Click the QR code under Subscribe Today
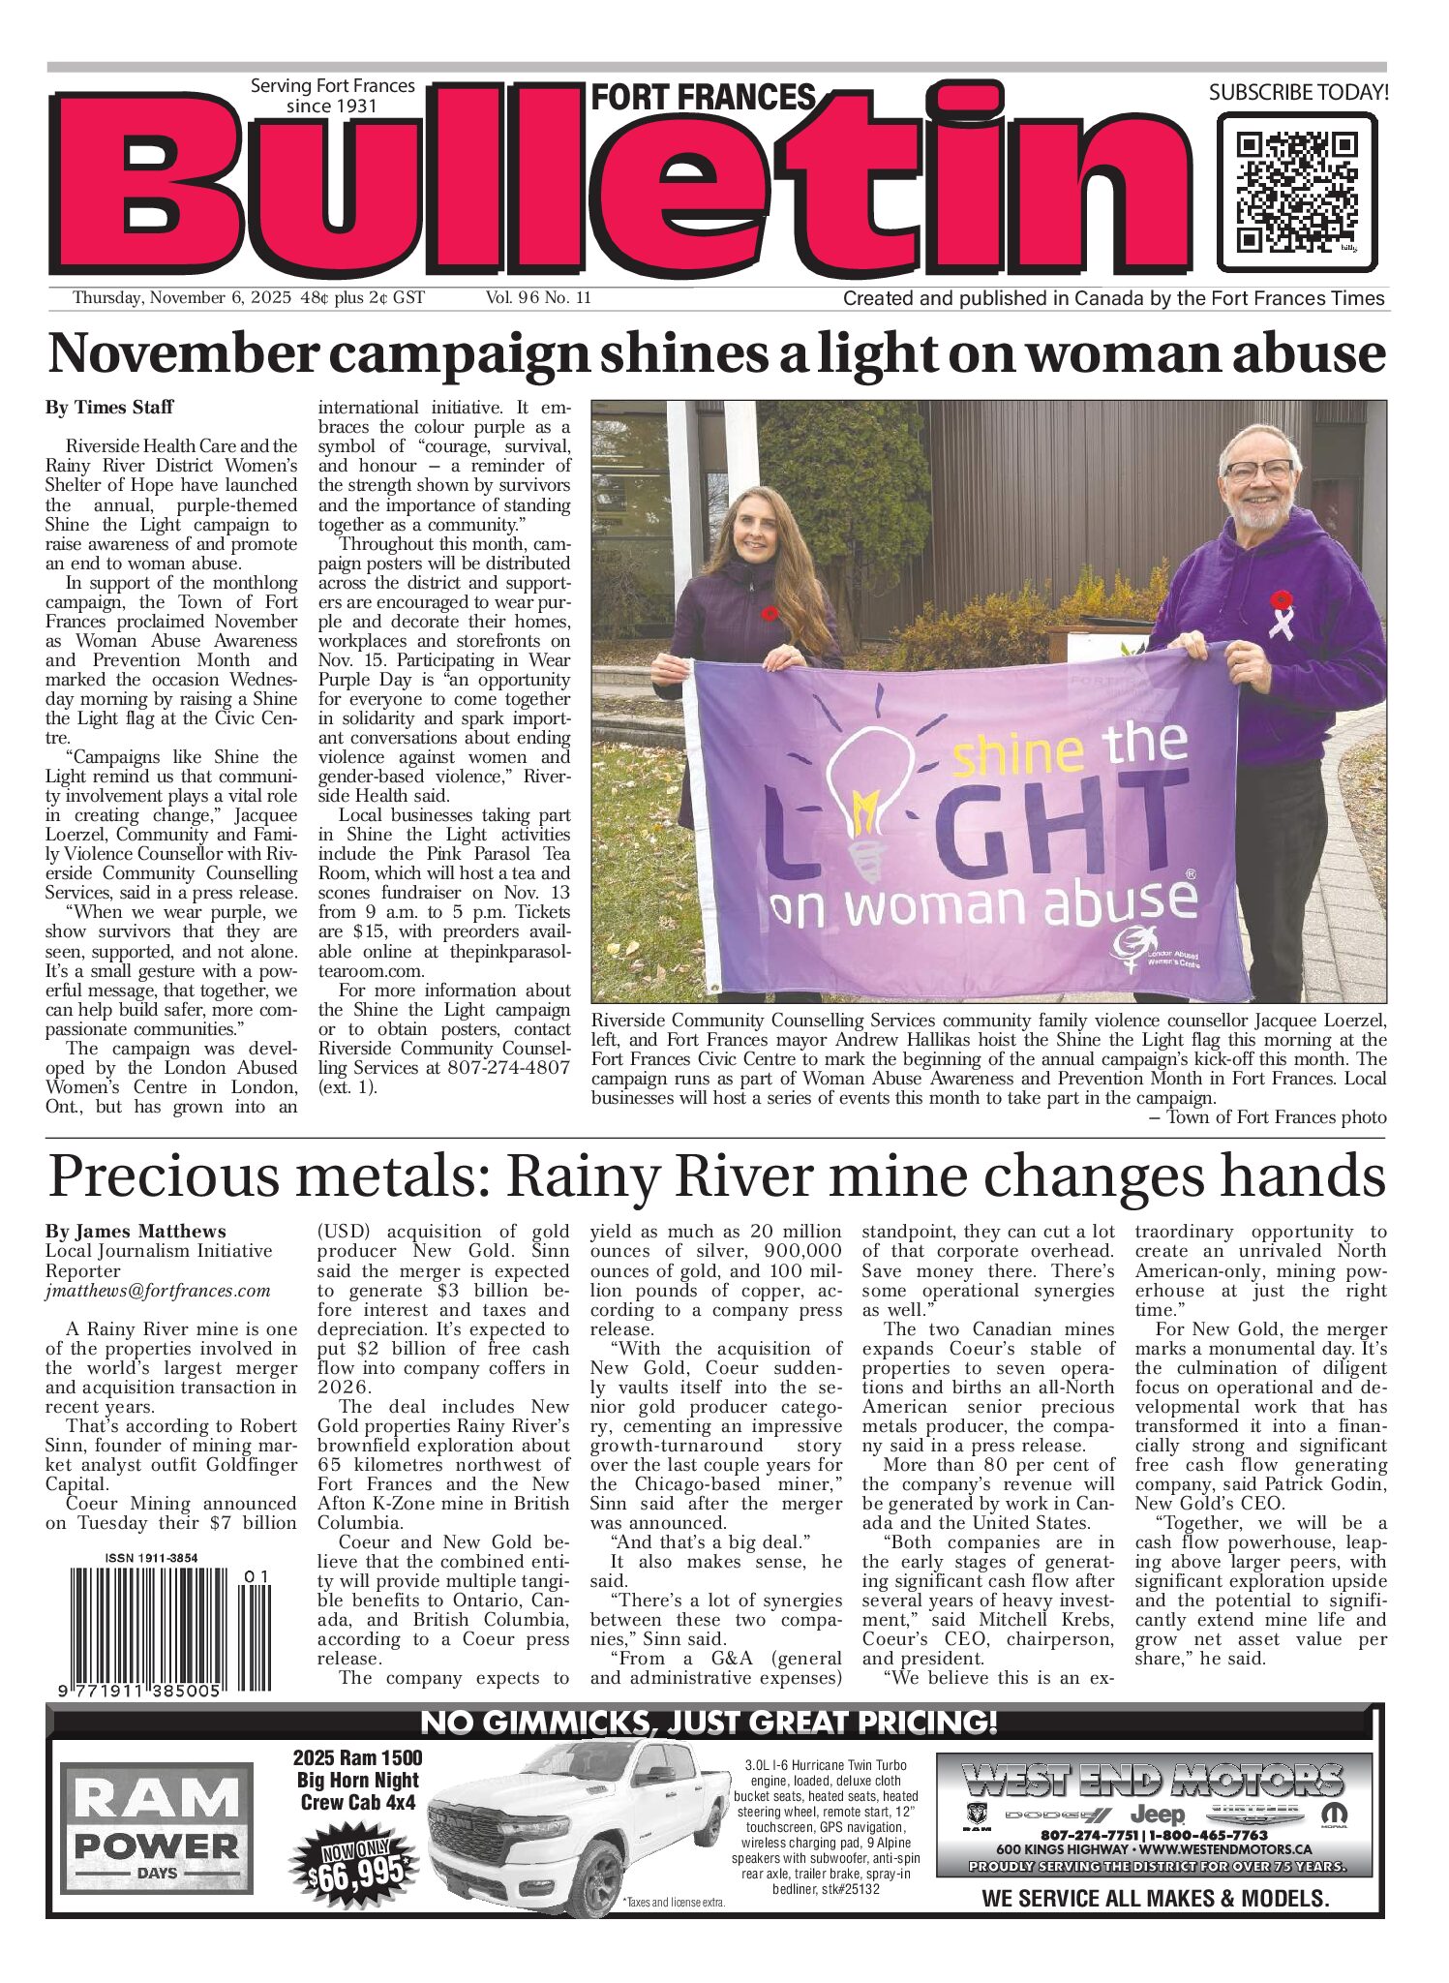[1296, 192]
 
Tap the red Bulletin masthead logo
[619, 184]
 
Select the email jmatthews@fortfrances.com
[158, 1291]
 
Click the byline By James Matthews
[136, 1232]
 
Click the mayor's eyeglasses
[1257, 471]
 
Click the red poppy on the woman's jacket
[770, 613]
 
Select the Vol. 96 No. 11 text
[538, 298]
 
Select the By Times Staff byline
[109, 408]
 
